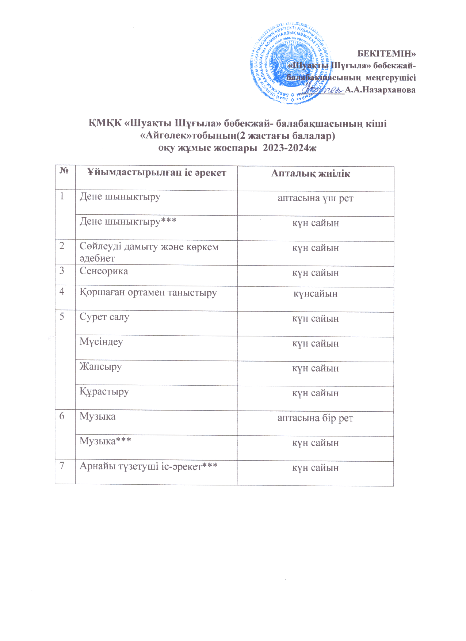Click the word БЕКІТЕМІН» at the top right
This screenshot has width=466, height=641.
(386, 54)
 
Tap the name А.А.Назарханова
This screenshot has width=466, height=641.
(380, 90)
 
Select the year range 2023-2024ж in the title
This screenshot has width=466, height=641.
(290, 148)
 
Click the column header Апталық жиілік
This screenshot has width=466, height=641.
(310, 173)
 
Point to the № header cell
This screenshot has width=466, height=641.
(65, 171)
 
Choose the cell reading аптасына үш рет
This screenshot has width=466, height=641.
(315, 198)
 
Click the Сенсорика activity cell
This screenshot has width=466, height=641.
(104, 271)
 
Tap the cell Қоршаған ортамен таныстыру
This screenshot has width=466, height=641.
(148, 293)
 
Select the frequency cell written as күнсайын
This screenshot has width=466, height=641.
(315, 294)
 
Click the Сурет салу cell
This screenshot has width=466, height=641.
(104, 317)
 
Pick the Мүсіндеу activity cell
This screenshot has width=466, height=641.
(101, 342)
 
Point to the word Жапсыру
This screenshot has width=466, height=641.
(101, 367)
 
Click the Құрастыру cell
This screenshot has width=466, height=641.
(104, 392)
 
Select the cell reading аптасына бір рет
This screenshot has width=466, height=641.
(315, 418)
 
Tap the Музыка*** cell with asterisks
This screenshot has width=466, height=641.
(106, 441)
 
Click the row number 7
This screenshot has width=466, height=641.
(62, 466)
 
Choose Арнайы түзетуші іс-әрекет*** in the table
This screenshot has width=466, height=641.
(149, 466)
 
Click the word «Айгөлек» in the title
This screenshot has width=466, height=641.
(163, 136)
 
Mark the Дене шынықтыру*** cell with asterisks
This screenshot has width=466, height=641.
(128, 222)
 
